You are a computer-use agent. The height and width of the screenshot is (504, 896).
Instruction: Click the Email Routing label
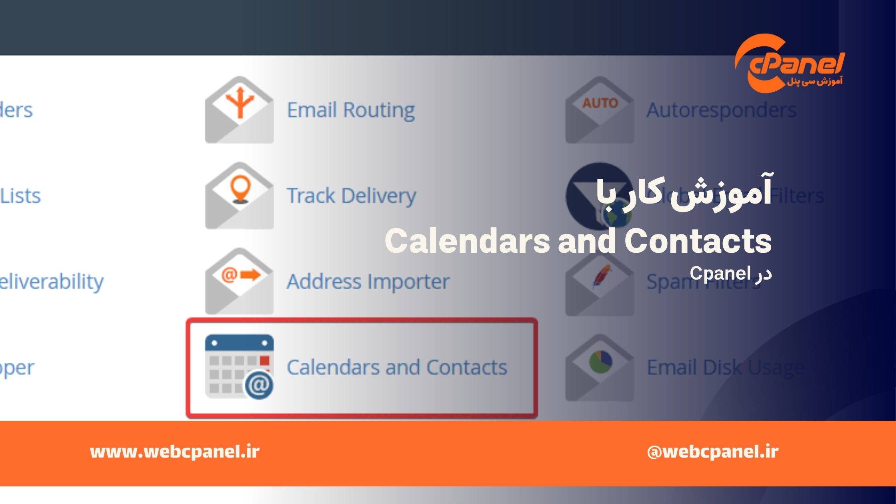[x=351, y=110]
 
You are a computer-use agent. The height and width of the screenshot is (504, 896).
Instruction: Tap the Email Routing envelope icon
[x=239, y=110]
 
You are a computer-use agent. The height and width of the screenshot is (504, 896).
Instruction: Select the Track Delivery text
[x=351, y=196]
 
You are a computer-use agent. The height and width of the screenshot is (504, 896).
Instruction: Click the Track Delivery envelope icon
[x=239, y=196]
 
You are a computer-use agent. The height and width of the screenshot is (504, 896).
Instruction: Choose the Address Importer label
[x=368, y=282]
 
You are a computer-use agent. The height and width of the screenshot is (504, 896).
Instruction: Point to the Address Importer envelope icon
[x=239, y=282]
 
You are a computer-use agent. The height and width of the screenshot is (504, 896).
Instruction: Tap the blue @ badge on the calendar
[x=259, y=385]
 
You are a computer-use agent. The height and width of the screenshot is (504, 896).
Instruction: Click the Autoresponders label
[x=721, y=110]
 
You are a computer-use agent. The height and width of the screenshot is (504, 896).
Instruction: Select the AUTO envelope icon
[x=600, y=110]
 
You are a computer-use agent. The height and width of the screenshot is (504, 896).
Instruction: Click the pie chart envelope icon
[x=600, y=368]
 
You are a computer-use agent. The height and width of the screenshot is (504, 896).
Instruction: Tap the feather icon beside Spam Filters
[x=601, y=276]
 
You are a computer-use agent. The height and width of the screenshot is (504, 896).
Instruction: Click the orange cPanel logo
[x=790, y=64]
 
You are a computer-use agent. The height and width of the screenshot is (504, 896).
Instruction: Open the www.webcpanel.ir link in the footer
[x=175, y=452]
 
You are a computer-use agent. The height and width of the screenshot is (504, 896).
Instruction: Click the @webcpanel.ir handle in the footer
[x=712, y=452]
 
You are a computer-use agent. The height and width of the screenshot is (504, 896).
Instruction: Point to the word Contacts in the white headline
[x=698, y=241]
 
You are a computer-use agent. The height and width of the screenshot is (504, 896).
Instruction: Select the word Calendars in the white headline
[x=468, y=241]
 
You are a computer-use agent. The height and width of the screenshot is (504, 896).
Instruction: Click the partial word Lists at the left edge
[x=21, y=196]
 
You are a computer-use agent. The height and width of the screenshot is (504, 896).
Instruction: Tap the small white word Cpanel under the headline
[x=720, y=274]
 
